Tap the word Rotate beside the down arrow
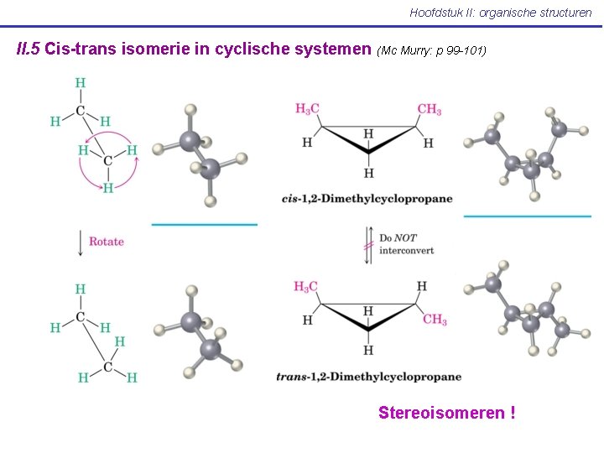coord(107,242)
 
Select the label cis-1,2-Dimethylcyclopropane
coord(367,199)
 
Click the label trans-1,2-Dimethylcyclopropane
coord(368,377)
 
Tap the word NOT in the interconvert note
coord(406,238)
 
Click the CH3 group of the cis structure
coord(429,110)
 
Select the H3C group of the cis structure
coord(307,109)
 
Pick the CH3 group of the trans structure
coord(435,320)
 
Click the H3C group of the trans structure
coord(306,287)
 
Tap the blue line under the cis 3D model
coord(527,216)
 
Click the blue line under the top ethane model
coord(204,225)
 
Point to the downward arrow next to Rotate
coord(80,242)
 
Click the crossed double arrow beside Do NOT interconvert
coord(367,244)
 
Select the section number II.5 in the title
coord(29,49)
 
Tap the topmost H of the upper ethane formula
coord(80,82)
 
